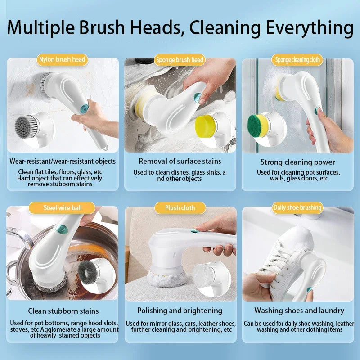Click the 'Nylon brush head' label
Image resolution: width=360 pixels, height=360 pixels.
[62, 59]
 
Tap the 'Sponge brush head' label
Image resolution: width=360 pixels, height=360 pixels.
[180, 59]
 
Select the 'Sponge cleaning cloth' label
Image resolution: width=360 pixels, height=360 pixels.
[297, 59]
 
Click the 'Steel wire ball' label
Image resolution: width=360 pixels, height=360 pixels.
[62, 207]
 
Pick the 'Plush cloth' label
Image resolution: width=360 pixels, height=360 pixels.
[180, 207]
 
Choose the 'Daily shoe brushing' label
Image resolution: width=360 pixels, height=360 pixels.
[297, 207]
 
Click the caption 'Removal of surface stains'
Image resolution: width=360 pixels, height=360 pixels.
[180, 161]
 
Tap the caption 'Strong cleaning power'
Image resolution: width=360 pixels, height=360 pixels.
[297, 162]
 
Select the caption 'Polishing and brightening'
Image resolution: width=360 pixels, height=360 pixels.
[180, 310]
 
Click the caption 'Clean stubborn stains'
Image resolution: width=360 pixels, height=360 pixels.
[63, 310]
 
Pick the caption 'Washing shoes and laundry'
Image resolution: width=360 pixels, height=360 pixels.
[299, 310]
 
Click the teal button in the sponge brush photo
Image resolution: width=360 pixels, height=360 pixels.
[197, 97]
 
